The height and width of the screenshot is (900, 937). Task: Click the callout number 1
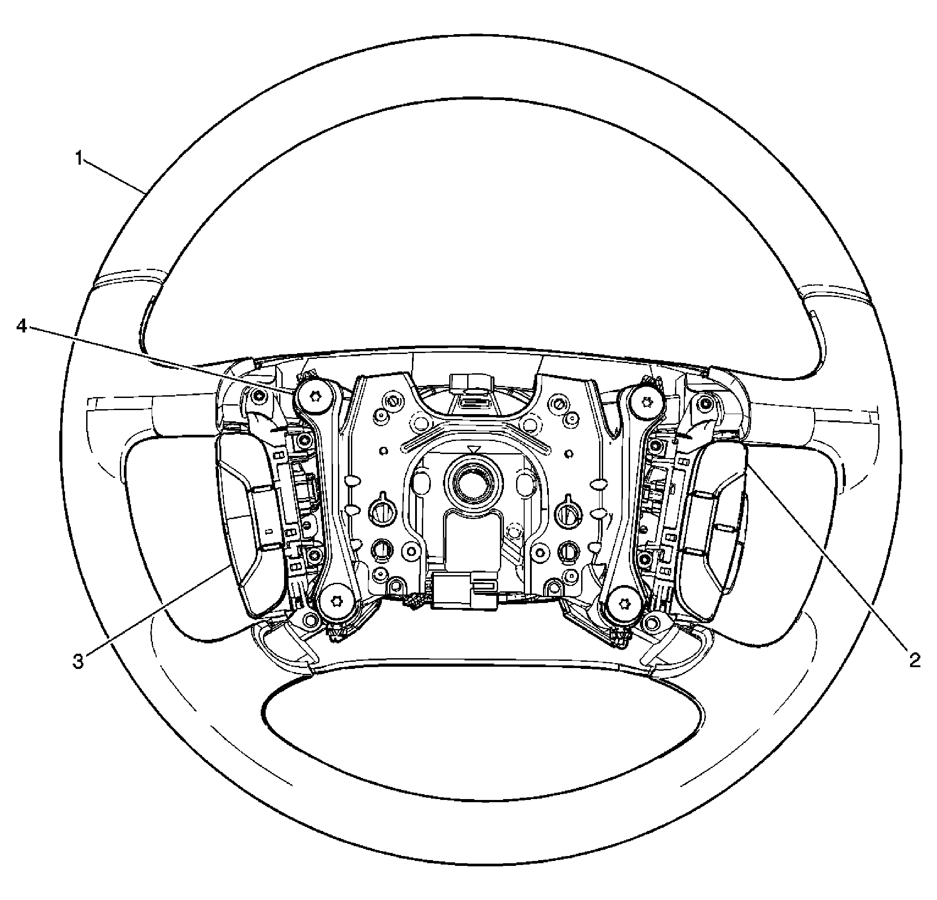pyautogui.click(x=79, y=158)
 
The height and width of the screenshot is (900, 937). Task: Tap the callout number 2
pyautogui.click(x=915, y=661)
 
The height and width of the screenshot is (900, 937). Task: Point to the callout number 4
pyautogui.click(x=22, y=328)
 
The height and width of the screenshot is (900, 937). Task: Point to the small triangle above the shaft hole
pyautogui.click(x=474, y=449)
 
